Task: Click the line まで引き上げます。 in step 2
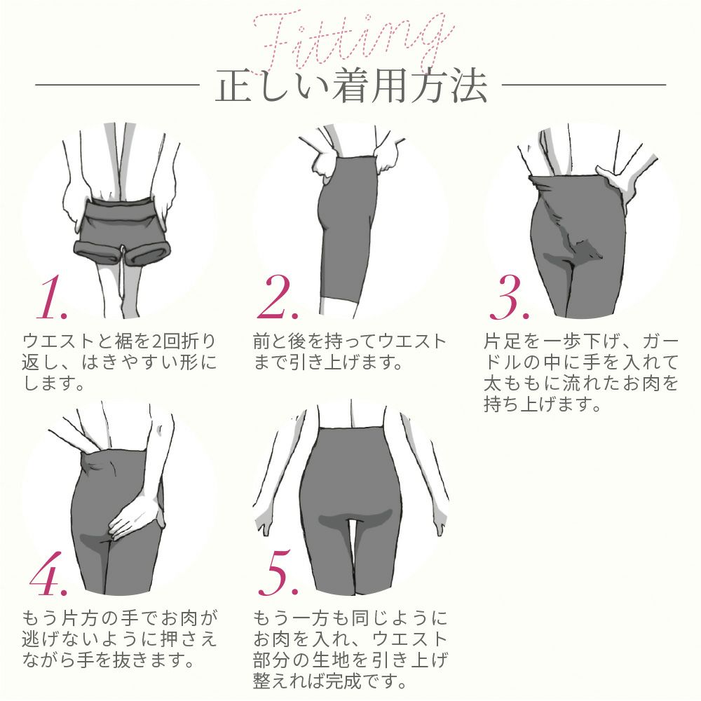pyautogui.click(x=329, y=363)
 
